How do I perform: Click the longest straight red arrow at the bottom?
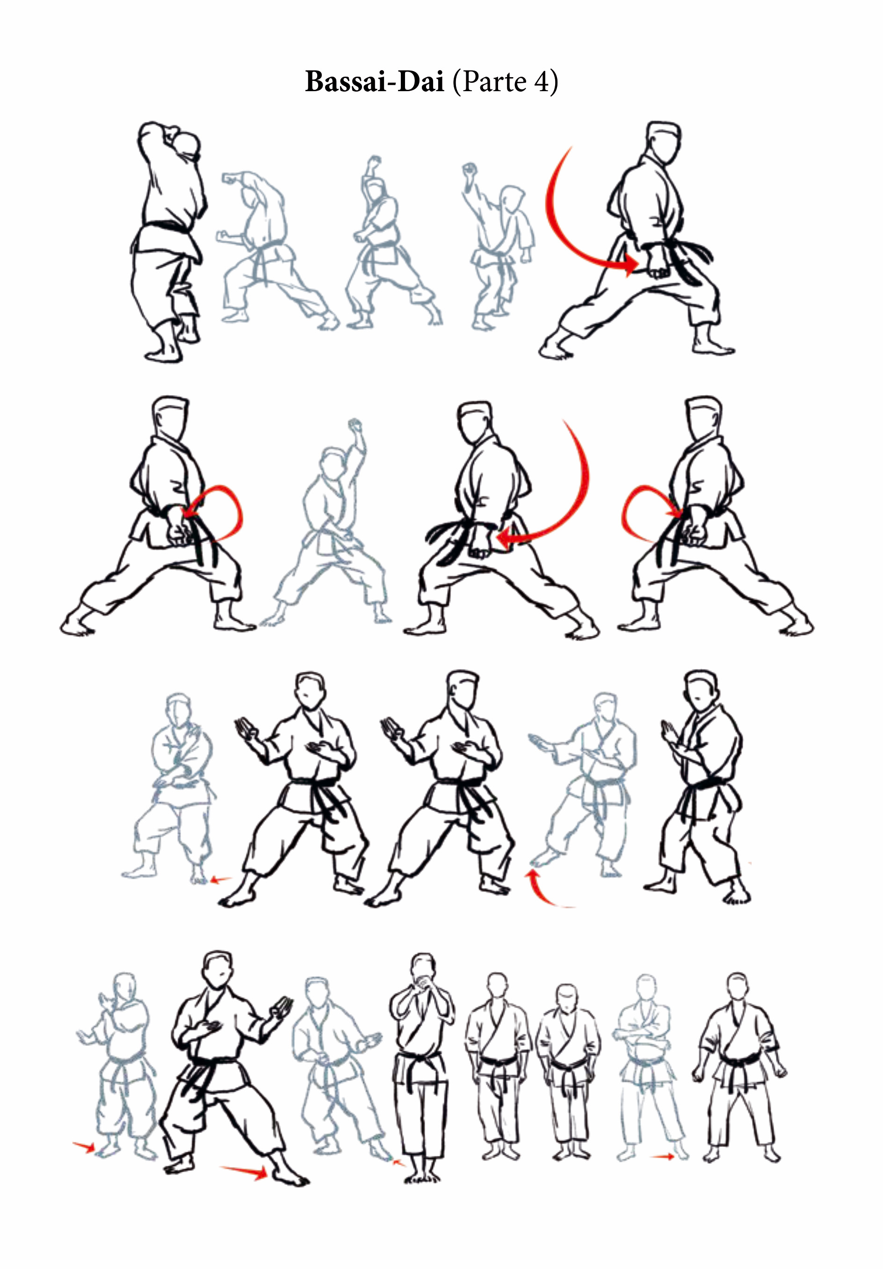coord(244,1170)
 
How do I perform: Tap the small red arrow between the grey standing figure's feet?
coord(663,1156)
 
